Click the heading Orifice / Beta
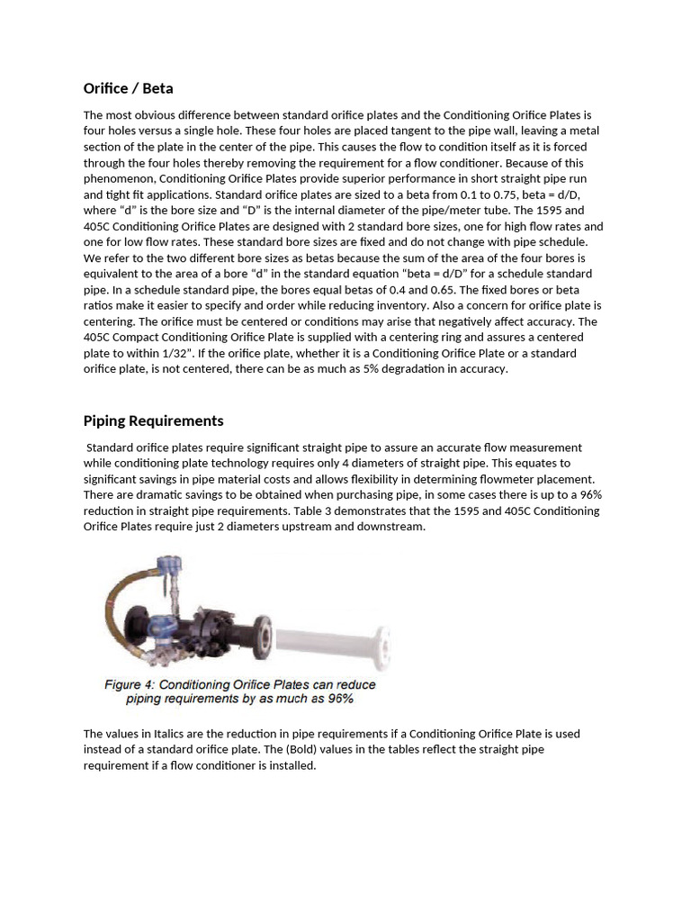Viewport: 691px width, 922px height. tap(128, 88)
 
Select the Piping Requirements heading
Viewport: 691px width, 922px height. tap(153, 420)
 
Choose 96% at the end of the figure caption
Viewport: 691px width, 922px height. tap(338, 698)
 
